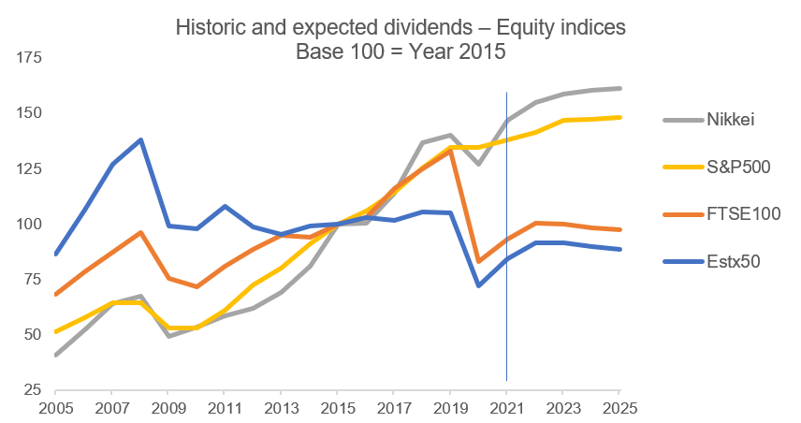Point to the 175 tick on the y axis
coord(30,59)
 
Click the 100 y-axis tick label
coord(30,224)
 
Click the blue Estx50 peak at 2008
coord(140,139)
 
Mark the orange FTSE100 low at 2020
coord(478,262)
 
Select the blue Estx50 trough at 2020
coord(478,285)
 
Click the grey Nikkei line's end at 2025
coord(619,89)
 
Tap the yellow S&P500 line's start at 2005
coord(56,332)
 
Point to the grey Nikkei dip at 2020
coord(478,165)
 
